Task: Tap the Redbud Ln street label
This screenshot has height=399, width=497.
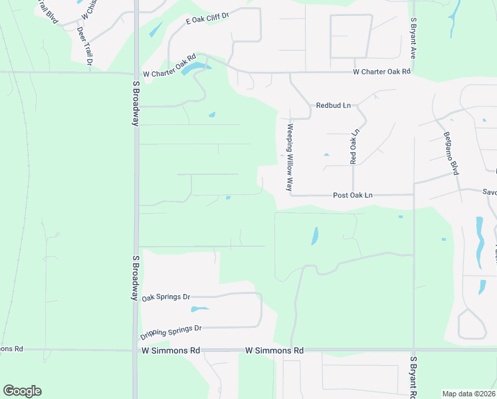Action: tap(332, 106)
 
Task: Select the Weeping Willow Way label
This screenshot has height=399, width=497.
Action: tap(290, 157)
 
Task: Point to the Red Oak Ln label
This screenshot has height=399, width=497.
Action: tap(353, 146)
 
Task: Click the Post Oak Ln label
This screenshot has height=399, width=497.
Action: tap(353, 196)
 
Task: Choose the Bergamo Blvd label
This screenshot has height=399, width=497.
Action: tap(451, 154)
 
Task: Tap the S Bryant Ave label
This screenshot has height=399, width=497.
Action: tap(413, 38)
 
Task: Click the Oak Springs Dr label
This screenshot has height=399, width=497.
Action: tap(166, 297)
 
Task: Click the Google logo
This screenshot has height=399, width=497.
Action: tap(22, 391)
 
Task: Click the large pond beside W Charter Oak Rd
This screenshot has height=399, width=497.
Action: tap(193, 67)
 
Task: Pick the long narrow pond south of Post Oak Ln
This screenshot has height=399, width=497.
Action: tap(315, 235)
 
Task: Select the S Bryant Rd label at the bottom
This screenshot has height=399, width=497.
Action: tap(413, 378)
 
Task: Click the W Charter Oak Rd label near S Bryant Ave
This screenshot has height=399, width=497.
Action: tap(381, 71)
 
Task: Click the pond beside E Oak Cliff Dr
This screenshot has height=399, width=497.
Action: tap(156, 30)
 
